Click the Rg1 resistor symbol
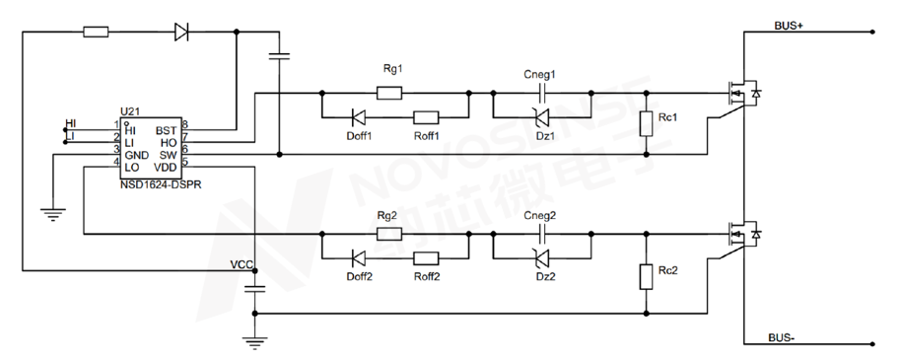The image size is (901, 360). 389,92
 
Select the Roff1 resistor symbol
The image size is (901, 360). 427,118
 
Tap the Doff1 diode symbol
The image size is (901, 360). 359,118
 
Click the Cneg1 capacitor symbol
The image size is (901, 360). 541,92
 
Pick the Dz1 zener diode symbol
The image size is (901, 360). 541,118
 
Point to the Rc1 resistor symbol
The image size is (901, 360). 647,123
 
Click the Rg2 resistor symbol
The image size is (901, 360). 389,234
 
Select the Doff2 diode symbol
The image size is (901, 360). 359,258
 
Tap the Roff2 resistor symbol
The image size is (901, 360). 427,258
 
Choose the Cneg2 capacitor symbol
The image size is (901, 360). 541,234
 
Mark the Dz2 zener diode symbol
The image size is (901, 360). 541,258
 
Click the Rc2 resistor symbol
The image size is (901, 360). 647,276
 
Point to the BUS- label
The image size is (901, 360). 782,337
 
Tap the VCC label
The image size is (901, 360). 242,265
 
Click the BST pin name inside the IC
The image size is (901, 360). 167,131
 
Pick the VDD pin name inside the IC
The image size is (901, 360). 166,168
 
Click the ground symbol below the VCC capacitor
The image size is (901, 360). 255,343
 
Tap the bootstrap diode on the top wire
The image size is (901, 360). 181,32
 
